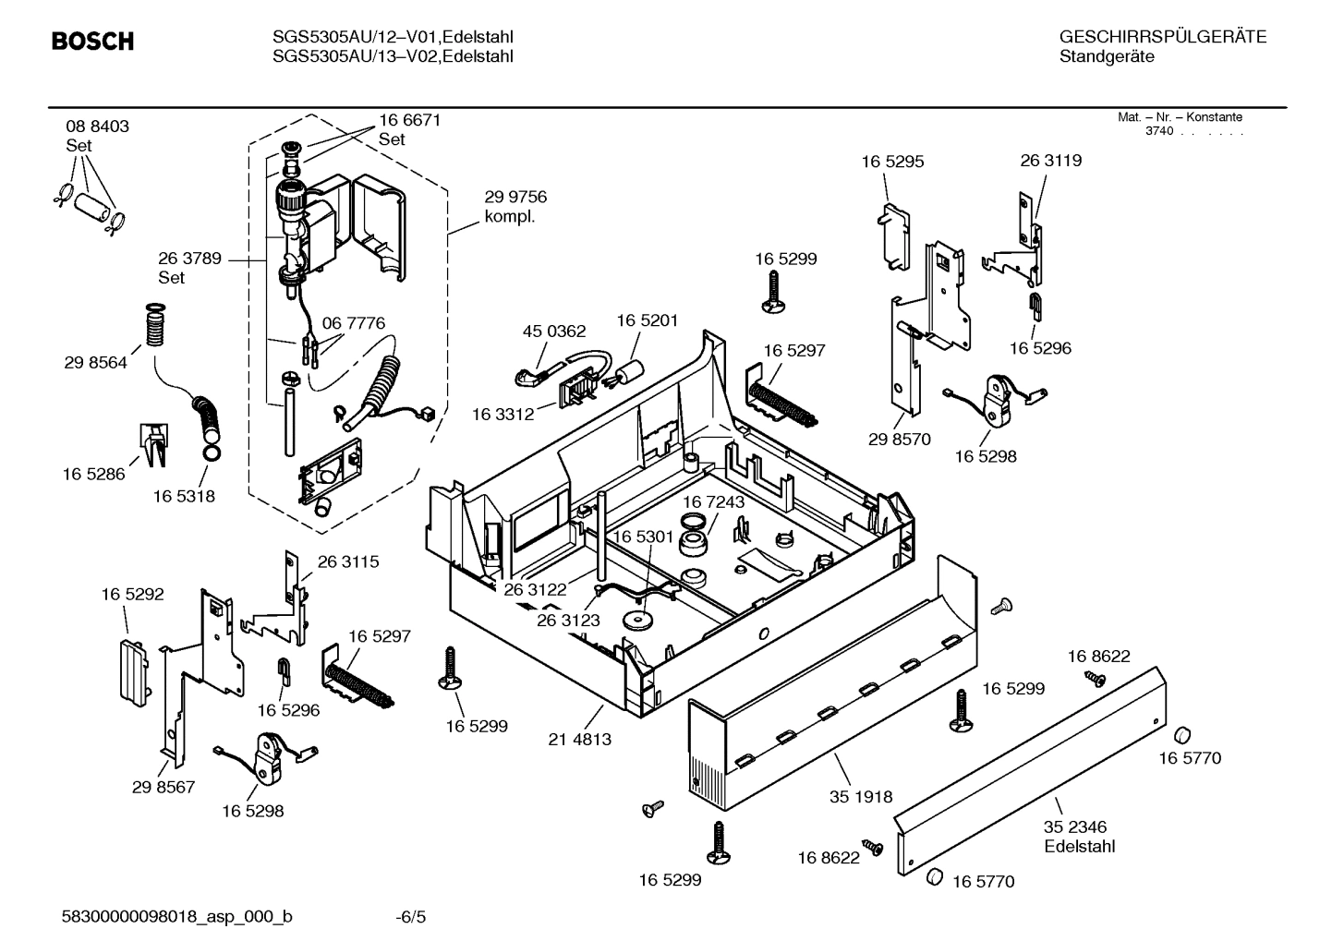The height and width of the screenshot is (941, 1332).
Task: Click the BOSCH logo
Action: point(92,42)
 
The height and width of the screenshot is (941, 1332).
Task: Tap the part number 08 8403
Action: point(97,127)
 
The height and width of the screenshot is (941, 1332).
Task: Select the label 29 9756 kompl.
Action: point(515,207)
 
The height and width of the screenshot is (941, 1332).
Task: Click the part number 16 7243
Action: point(713,501)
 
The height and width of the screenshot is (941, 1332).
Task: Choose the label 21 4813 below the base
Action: point(579,739)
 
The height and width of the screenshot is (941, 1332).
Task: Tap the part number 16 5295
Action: point(892,162)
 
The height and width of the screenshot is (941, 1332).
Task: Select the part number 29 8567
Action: point(163,787)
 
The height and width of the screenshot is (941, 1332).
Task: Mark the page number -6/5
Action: point(410,917)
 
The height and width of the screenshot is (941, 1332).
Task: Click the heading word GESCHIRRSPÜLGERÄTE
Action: point(1162,37)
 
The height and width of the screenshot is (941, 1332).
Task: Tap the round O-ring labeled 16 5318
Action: point(211,453)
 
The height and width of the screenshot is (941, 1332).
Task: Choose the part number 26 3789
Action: point(189,259)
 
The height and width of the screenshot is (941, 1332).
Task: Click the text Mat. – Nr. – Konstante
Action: point(1180,117)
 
